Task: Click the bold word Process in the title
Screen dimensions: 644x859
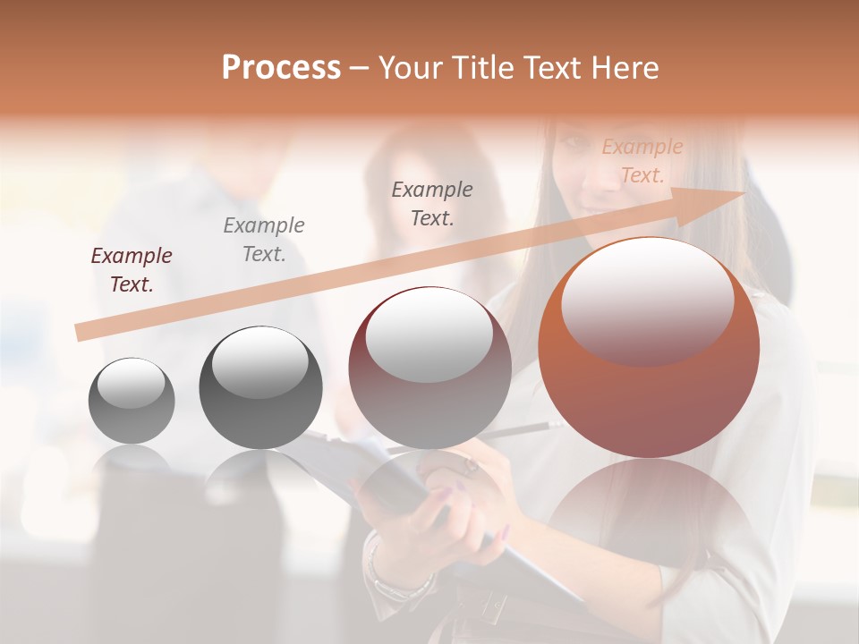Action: (x=281, y=67)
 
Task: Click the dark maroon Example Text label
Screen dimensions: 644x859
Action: (x=132, y=270)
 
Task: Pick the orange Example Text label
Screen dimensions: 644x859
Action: (x=642, y=161)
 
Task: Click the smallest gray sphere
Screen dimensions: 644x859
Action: (x=132, y=401)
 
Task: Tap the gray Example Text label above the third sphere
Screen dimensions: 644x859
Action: (x=432, y=203)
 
